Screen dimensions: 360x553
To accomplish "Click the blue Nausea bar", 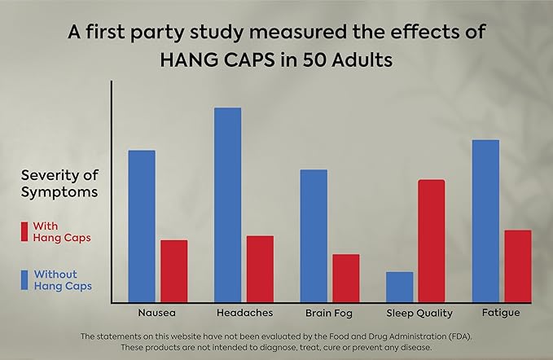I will (142, 226).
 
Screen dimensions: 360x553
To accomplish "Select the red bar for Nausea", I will (173, 270).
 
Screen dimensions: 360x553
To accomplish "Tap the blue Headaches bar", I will (227, 204).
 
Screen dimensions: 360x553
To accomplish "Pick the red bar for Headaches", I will (260, 269).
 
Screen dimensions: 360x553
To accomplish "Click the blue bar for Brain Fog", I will (314, 235).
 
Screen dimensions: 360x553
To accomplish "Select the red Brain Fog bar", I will (346, 278).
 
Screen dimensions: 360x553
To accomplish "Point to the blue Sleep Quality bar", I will (399, 287).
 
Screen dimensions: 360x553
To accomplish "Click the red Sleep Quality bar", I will (432, 240).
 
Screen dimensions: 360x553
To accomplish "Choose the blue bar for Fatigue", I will (486, 221).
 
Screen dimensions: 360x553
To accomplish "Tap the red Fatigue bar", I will (517, 266).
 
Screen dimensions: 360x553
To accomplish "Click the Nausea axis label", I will (156, 313).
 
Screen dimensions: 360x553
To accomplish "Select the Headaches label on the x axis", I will (244, 313).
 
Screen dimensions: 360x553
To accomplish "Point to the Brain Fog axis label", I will (329, 313).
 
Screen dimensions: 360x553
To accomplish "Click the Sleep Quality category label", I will (415, 313).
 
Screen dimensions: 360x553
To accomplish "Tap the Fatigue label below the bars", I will (501, 313).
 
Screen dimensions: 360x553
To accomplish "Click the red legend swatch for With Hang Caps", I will (25, 232).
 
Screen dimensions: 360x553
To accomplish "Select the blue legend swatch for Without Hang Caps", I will (25, 280).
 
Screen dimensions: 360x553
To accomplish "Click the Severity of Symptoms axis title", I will (59, 184).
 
